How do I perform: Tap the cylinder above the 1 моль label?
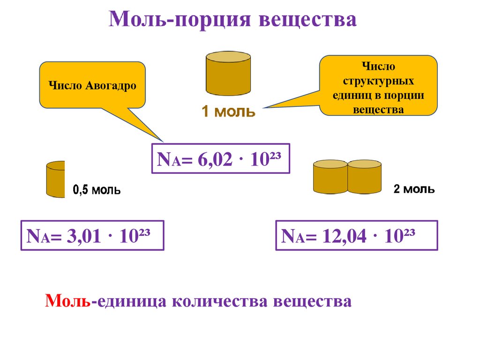[228, 74]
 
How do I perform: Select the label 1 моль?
[228, 112]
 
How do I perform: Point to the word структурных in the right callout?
[378, 81]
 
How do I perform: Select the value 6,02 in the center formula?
[215, 159]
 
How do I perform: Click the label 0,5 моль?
[97, 190]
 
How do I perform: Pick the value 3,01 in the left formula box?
[84, 236]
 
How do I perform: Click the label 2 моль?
[413, 189]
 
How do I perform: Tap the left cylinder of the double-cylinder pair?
[330, 177]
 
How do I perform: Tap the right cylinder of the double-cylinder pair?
[365, 177]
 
